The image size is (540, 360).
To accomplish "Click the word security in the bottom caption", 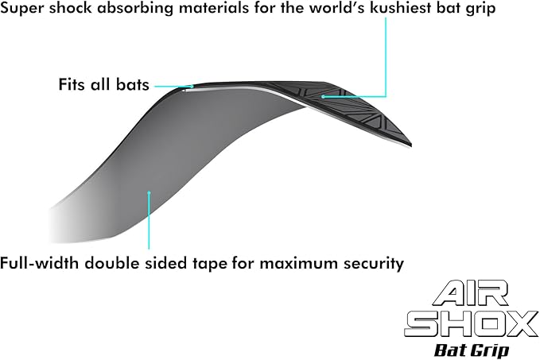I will (375, 262).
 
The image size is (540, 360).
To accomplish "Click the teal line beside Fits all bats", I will (173, 85).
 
